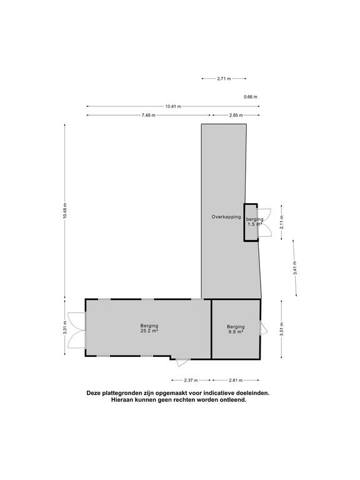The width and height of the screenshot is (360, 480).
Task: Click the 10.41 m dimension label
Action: pyautogui.click(x=173, y=106)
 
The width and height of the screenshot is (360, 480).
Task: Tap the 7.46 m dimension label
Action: pyautogui.click(x=149, y=116)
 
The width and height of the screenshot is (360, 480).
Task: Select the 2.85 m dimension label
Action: pyautogui.click(x=236, y=116)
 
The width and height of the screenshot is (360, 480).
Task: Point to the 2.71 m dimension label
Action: pyautogui.click(x=224, y=78)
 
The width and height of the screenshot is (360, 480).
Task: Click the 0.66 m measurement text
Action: pyautogui.click(x=251, y=97)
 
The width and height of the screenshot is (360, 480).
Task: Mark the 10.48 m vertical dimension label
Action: pyautogui.click(x=64, y=211)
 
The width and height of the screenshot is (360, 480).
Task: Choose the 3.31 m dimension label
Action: pyautogui.click(x=64, y=327)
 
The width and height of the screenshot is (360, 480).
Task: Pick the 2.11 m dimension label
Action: pyautogui.click(x=282, y=222)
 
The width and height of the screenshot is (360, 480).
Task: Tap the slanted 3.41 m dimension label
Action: pyautogui.click(x=295, y=268)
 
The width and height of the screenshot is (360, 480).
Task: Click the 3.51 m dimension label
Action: pyautogui.click(x=282, y=329)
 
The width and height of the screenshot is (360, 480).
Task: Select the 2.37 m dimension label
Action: pyautogui.click(x=191, y=381)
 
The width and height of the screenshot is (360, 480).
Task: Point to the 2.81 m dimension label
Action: pyautogui.click(x=236, y=381)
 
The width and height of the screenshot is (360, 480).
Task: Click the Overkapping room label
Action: pyautogui.click(x=226, y=217)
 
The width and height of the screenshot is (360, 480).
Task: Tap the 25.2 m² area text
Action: pyautogui.click(x=149, y=331)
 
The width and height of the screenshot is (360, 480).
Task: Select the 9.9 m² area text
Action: pyautogui.click(x=236, y=331)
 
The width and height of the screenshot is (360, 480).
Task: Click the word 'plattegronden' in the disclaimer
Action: pyautogui.click(x=117, y=393)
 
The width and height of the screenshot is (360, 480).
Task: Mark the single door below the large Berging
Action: pyautogui.click(x=182, y=362)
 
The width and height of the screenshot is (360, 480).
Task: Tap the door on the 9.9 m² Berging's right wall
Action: pyautogui.click(x=263, y=327)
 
